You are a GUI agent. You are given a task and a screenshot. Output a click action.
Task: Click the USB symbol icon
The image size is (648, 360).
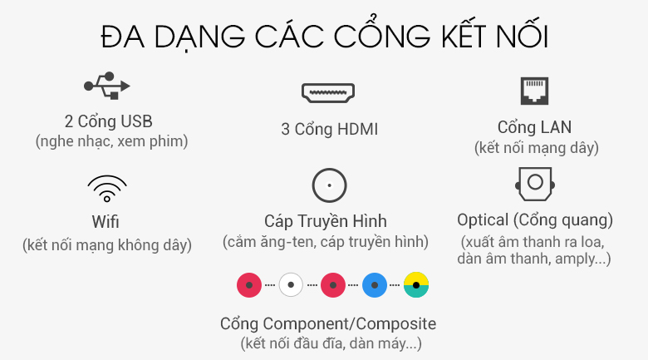point(106,86)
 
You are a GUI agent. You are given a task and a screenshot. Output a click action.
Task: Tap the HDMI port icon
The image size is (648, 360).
point(328,92)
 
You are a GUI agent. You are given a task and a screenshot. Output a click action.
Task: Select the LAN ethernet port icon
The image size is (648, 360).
point(534,91)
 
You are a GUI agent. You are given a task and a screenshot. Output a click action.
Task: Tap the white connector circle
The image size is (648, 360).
point(291,284)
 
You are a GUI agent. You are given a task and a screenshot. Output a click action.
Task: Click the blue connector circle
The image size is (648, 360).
point(375,284)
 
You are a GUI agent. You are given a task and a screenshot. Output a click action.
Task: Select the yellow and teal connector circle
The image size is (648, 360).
point(416,284)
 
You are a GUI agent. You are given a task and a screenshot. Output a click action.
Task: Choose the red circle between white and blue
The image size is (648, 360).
point(332,284)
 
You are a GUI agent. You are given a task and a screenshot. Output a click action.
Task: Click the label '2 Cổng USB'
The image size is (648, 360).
point(109,121)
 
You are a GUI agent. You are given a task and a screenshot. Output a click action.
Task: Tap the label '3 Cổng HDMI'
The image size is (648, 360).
point(329,129)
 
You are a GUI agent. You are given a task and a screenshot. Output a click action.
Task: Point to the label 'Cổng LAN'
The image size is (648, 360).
point(534,127)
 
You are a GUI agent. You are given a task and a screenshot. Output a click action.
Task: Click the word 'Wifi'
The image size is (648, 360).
point(106,222)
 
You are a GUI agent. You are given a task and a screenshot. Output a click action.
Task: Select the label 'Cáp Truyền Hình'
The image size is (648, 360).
point(326,221)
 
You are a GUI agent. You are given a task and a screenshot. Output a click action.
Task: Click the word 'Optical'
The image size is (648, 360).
point(483,220)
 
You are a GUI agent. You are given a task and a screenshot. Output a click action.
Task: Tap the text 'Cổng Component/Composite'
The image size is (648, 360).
point(328,323)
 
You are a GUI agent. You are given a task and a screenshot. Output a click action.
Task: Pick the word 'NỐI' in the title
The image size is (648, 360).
point(522,36)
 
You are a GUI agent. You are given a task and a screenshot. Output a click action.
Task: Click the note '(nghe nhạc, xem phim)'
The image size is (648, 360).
point(111,141)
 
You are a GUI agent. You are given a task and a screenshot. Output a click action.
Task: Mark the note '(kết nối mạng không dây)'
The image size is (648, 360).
point(107,245)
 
